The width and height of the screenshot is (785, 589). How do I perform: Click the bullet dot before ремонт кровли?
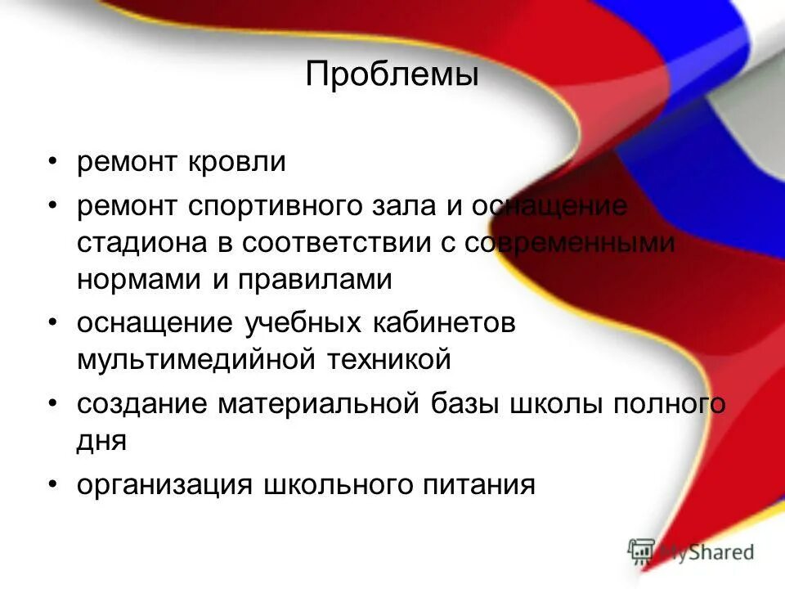coord(52,161)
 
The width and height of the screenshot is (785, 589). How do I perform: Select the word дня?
coord(102,441)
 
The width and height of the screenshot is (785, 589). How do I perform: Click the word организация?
coord(164,484)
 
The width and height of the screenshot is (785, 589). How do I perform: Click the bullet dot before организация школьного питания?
coord(52,484)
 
